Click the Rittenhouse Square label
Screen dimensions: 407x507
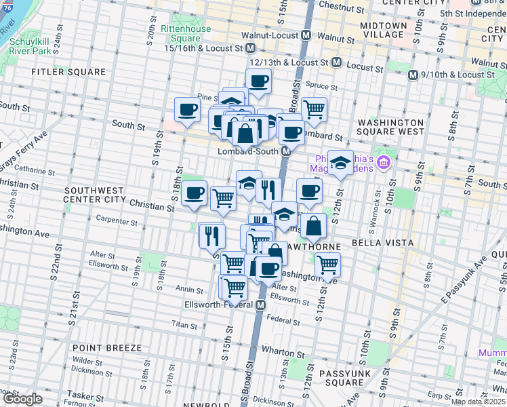186,33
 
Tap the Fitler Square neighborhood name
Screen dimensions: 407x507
68,71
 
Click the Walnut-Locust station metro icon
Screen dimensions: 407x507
306,35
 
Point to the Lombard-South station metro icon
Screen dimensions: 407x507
287,152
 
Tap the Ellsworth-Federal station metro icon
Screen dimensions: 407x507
260,306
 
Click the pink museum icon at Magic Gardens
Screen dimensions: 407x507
384,163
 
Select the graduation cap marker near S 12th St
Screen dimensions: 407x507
340,162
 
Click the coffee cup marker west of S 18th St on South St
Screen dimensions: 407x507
187,109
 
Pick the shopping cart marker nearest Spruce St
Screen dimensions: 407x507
314,109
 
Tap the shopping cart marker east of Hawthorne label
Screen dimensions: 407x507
327,264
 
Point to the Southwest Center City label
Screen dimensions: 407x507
94,195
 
